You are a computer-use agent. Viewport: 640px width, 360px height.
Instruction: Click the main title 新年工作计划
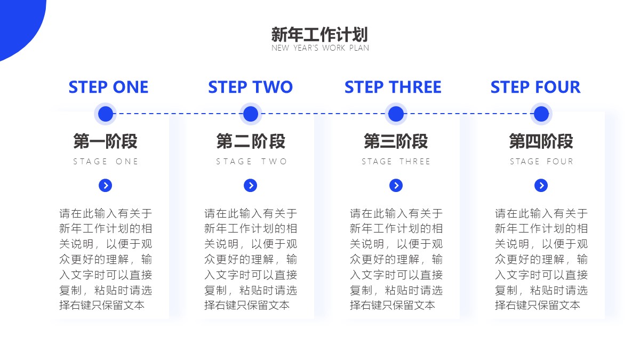[x=319, y=35]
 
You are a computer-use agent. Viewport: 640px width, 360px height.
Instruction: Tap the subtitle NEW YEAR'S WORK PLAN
[x=320, y=47]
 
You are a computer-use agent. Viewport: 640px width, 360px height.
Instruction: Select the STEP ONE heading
[x=109, y=87]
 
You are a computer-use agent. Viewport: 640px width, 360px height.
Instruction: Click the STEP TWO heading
[x=251, y=87]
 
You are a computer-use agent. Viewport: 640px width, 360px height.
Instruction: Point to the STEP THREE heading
[x=393, y=87]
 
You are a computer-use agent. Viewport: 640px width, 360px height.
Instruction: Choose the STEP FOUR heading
[x=535, y=87]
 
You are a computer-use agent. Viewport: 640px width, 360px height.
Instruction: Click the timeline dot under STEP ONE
[x=106, y=114]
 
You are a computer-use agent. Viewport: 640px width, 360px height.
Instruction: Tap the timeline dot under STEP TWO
[x=251, y=114]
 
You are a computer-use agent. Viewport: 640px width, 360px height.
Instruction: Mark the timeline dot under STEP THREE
[x=396, y=114]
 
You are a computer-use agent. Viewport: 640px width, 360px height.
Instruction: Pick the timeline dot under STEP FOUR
[x=541, y=114]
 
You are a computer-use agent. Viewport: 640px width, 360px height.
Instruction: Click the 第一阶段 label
[x=106, y=141]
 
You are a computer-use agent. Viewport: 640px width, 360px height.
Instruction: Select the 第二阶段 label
[x=251, y=141]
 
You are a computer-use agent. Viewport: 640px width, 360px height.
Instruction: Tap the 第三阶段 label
[x=396, y=141]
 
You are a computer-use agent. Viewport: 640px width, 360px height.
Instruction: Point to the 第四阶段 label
[x=541, y=141]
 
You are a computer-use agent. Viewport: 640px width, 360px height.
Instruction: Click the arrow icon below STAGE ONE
[x=106, y=186]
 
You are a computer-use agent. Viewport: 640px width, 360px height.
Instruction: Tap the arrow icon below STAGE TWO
[x=251, y=186]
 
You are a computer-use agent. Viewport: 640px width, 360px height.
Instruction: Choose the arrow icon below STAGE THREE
[x=396, y=186]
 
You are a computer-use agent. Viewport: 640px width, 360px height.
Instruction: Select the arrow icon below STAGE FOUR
[x=541, y=186]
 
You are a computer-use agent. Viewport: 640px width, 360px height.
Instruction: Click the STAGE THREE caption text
[x=396, y=162]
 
